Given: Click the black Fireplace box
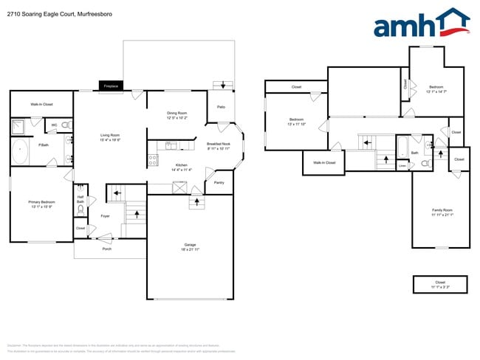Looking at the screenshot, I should pyautogui.click(x=112, y=86).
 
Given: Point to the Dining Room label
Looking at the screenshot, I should pyautogui.click(x=176, y=113).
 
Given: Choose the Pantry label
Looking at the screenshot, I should pyautogui.click(x=219, y=182).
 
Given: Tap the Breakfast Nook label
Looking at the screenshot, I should pyautogui.click(x=218, y=144).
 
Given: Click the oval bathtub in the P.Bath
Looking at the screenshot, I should pyautogui.click(x=20, y=153).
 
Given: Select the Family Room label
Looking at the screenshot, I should pyautogui.click(x=442, y=210).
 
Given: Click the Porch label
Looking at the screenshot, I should pyautogui.click(x=106, y=249).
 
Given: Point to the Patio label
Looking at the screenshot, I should pyautogui.click(x=221, y=107).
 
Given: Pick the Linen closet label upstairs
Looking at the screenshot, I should pyautogui.click(x=402, y=166).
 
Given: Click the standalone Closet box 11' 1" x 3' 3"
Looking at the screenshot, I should pyautogui.click(x=441, y=284).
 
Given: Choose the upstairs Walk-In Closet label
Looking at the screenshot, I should pyautogui.click(x=324, y=162).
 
